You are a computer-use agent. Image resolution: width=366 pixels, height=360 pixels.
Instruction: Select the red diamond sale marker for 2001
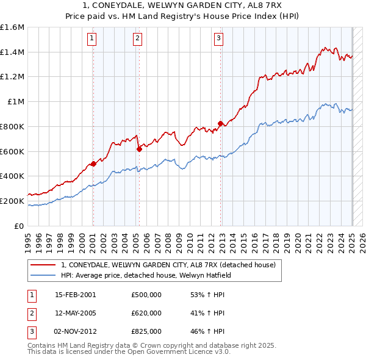click(x=93, y=164)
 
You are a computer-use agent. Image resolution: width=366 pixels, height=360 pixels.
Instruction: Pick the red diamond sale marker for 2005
click(x=139, y=148)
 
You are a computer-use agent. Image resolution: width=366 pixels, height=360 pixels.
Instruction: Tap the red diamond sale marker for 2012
click(x=220, y=123)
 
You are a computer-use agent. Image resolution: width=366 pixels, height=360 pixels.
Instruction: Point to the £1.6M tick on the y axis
click(x=12, y=27)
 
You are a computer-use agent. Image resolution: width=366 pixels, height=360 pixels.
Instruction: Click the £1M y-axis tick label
click(x=15, y=102)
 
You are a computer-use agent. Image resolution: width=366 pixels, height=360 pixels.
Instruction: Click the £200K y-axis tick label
click(x=12, y=201)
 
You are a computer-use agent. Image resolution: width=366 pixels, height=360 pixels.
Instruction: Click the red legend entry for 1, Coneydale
click(x=168, y=265)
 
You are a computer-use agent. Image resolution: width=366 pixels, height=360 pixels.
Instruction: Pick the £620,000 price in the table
click(x=146, y=313)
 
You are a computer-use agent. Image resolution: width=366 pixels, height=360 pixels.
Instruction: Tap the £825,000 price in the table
click(x=146, y=331)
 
